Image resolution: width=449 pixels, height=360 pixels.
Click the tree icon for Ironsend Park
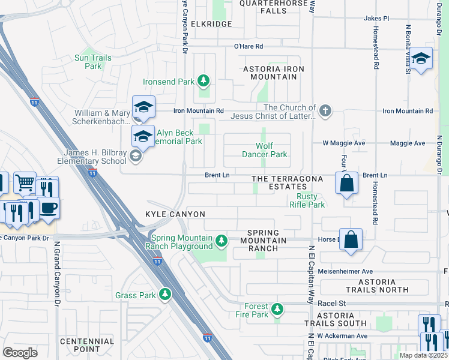[x=204, y=81]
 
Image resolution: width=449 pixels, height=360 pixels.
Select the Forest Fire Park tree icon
[x=277, y=309]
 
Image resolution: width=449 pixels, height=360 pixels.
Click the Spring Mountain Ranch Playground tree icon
[x=221, y=241]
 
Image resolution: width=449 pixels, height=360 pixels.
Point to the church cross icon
[x=325, y=110]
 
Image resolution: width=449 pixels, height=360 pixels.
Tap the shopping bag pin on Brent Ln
[x=347, y=183]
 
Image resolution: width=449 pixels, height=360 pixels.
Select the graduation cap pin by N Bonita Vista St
[x=421, y=58]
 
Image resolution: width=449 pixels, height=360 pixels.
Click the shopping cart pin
[x=25, y=182]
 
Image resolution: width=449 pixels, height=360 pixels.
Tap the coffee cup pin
[x=48, y=208]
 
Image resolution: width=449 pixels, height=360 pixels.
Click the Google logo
[x=20, y=352]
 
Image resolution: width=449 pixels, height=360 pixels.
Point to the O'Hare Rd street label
[x=249, y=46]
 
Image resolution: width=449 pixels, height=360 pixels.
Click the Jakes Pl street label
[x=376, y=19]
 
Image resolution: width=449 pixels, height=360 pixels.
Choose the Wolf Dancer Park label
[x=271, y=150]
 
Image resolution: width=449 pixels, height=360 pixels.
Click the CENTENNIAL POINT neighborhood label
[x=86, y=345]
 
